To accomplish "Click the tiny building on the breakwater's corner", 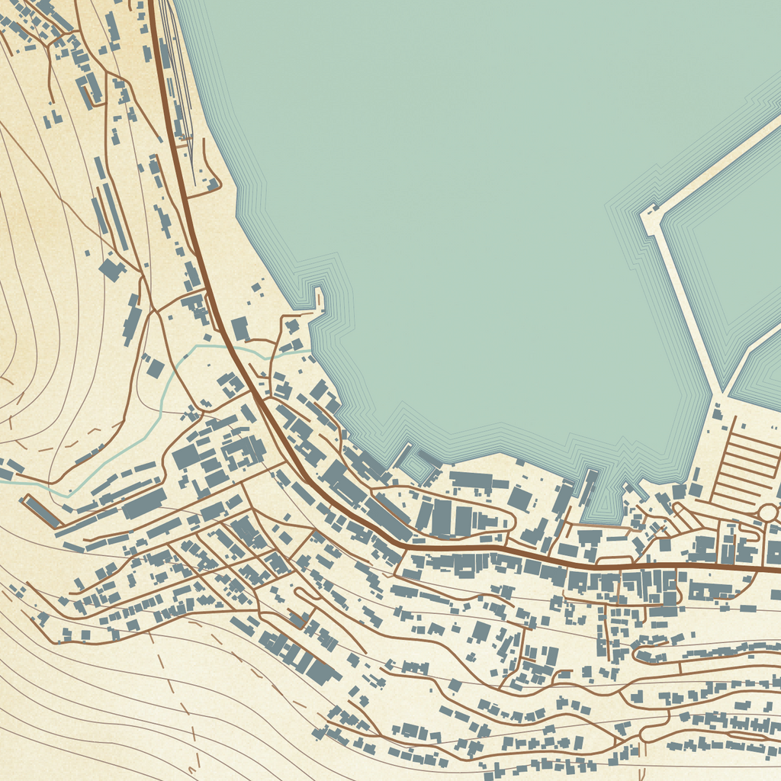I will [653, 207].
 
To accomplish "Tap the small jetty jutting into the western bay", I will [320, 299].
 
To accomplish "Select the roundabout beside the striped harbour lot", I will [768, 512].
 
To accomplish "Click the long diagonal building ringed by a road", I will [42, 511].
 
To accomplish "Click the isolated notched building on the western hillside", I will [112, 268].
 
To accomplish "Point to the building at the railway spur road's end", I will [212, 184].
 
